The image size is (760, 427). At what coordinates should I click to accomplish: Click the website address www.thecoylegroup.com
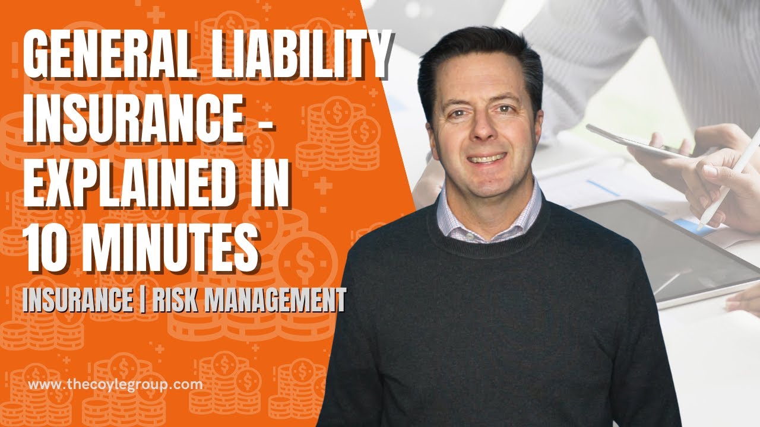115,384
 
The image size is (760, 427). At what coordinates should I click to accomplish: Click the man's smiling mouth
486,158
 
